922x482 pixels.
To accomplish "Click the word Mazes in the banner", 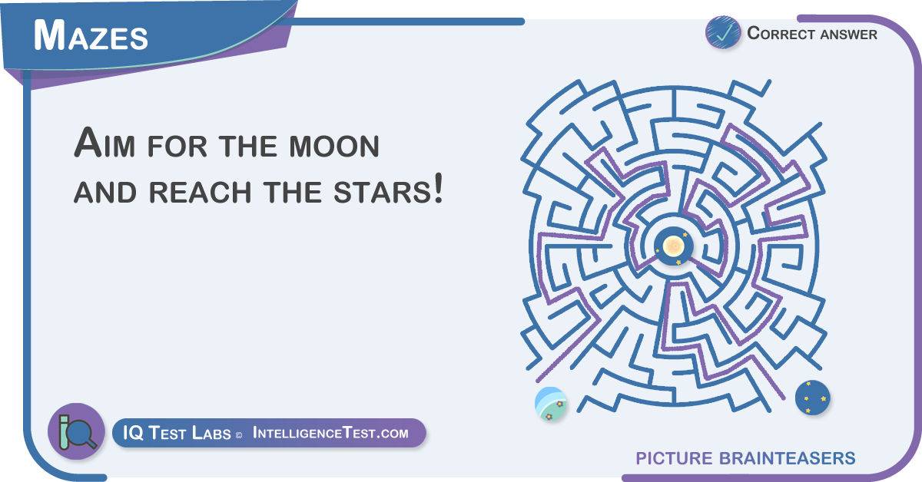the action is [x=91, y=35].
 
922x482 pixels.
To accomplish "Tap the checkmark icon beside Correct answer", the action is [x=723, y=32].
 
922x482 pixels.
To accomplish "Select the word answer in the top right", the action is [x=848, y=35].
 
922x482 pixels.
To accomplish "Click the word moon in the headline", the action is [x=333, y=147].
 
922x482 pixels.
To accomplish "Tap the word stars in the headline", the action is [x=382, y=193].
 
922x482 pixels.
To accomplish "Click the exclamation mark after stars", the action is [x=439, y=188].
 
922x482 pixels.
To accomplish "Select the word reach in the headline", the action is [x=200, y=193].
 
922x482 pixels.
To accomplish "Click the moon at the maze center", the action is [x=673, y=246].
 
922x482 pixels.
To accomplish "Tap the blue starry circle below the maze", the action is [x=813, y=398].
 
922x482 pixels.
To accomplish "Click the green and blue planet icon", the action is [x=550, y=404].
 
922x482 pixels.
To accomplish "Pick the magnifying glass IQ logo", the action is [x=77, y=431].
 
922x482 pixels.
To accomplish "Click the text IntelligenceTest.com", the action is [x=330, y=433].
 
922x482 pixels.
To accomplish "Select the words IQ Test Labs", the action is [x=177, y=433].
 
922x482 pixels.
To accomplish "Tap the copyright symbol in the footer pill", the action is [x=239, y=435].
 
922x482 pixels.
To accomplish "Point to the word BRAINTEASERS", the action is [x=787, y=458].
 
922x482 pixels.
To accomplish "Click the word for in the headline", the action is [x=177, y=147].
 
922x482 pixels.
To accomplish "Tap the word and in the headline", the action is [x=105, y=193].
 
